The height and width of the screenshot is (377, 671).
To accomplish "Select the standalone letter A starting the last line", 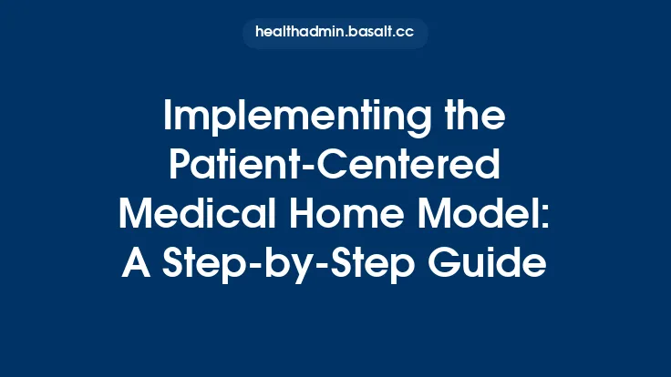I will [x=136, y=264].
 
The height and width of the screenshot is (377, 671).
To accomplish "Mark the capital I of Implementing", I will [x=168, y=118].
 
